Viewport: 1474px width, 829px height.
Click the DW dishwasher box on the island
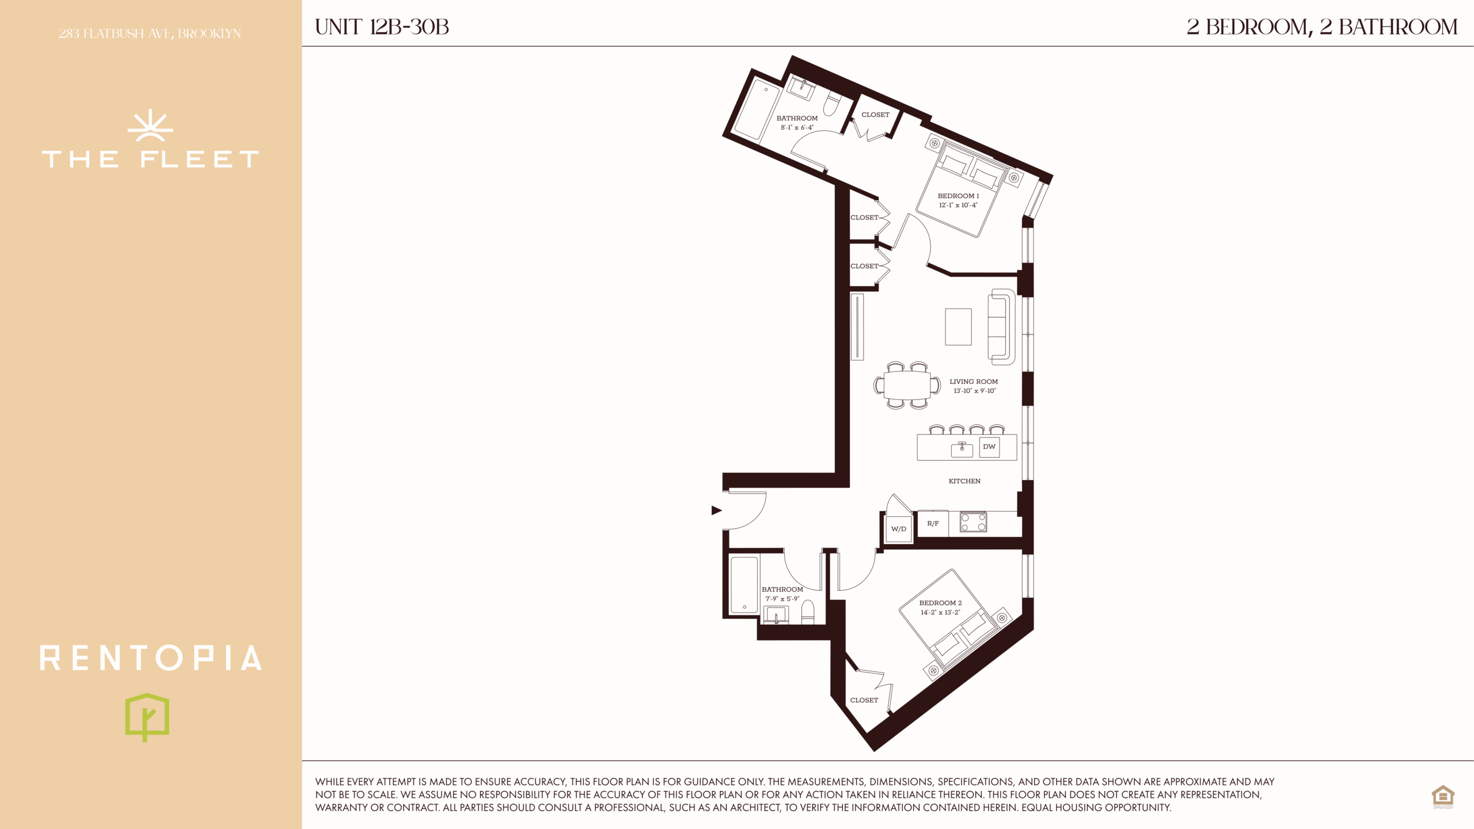tap(989, 447)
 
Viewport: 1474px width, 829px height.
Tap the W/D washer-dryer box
tap(899, 528)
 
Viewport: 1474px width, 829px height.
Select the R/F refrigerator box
tap(933, 524)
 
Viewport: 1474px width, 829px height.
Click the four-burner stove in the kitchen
tap(973, 522)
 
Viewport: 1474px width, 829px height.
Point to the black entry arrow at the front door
tap(717, 510)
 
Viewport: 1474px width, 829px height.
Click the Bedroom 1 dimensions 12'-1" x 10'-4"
tap(958, 206)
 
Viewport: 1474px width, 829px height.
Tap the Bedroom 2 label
tap(940, 603)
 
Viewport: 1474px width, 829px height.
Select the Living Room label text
tap(974, 382)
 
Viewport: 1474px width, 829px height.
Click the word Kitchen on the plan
tap(964, 481)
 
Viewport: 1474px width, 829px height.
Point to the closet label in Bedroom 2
tap(864, 700)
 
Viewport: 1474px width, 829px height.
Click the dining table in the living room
tap(907, 385)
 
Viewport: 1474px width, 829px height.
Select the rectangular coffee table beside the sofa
tap(958, 327)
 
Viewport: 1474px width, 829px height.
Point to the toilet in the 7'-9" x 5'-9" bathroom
tap(808, 613)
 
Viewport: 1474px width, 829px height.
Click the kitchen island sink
tap(962, 449)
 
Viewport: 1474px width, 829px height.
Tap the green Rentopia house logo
tap(147, 717)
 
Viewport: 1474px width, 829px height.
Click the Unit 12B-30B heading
tap(382, 27)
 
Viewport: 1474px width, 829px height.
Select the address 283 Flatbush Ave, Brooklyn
tap(150, 33)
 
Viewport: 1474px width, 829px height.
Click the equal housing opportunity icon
tap(1443, 797)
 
